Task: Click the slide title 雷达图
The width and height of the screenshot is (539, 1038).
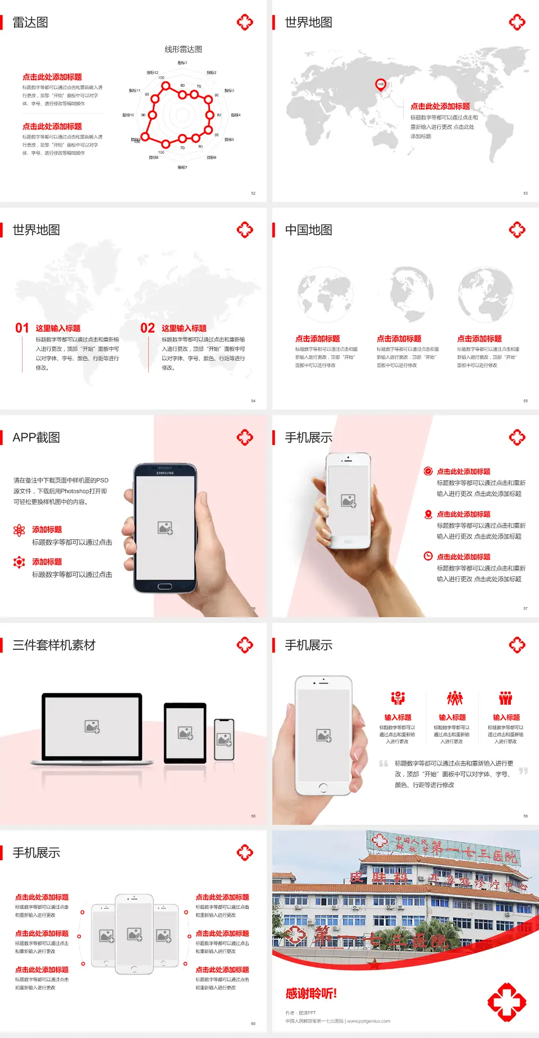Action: (30, 22)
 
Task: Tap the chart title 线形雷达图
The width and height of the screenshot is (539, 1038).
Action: (183, 49)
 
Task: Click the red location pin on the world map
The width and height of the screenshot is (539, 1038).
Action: (381, 85)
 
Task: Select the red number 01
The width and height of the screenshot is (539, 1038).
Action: (22, 328)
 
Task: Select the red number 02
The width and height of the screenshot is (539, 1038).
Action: (148, 328)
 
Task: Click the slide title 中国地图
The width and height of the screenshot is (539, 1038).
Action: (308, 230)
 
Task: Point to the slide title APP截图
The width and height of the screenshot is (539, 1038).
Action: (36, 438)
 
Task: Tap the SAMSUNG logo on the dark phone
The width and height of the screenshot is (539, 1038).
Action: (165, 473)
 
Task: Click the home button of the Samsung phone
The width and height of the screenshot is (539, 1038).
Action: (165, 586)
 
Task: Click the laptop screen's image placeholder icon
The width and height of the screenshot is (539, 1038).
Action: (92, 727)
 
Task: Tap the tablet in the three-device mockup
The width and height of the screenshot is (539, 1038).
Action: (185, 732)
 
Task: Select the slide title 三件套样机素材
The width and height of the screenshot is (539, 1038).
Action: (54, 645)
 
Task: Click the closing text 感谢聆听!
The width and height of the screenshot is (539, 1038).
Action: (311, 994)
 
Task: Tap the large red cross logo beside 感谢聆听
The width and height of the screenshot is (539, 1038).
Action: (506, 1002)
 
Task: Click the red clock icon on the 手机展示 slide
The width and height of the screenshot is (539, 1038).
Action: (428, 556)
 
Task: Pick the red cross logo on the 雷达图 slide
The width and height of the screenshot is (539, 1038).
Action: (245, 22)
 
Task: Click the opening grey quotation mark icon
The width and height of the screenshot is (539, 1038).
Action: (383, 763)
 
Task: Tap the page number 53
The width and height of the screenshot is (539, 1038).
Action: (526, 193)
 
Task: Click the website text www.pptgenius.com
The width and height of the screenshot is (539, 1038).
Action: (368, 1021)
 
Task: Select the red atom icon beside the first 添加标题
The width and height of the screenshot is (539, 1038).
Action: (19, 530)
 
